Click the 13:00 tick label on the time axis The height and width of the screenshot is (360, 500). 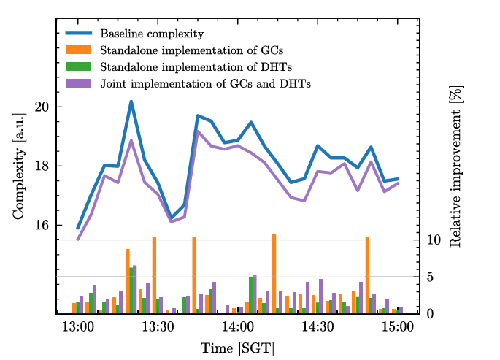coord(78,327)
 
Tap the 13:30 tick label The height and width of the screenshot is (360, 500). coord(158,327)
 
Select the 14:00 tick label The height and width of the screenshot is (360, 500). coord(238,327)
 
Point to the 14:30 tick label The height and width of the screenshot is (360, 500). coord(318,327)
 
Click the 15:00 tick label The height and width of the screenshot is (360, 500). coord(398,327)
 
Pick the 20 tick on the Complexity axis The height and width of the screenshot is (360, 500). coord(42,107)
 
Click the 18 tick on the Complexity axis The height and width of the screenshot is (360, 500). coord(42,166)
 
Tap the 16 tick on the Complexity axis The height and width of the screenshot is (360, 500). coord(42,225)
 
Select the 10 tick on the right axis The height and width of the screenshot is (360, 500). coord(434,240)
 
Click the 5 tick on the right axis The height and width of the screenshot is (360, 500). coord(430,277)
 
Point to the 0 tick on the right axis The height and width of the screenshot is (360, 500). coord(430,314)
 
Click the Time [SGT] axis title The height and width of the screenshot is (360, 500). coord(237,348)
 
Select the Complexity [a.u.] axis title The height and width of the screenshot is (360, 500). coord(19,166)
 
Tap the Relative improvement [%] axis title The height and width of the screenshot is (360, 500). coord(455,166)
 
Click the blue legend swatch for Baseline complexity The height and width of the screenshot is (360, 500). coord(78,33)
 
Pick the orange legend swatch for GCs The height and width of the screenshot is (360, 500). coord(78,50)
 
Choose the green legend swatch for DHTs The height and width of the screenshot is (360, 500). coord(78,66)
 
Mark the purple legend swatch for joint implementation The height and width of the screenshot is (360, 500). coord(78,83)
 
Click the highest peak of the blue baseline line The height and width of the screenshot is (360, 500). coord(131,102)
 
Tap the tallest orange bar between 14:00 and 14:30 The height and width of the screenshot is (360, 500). coord(274,274)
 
